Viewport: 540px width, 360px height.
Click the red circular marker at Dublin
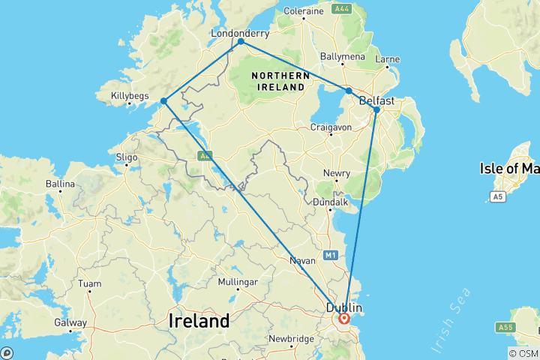pyautogui.click(x=344, y=318)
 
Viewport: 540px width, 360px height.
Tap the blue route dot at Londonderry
pyautogui.click(x=241, y=42)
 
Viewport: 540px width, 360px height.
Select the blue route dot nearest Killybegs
pyautogui.click(x=163, y=100)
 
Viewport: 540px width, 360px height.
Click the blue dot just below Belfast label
pyautogui.click(x=376, y=110)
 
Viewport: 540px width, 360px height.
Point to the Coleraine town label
pyautogui.click(x=303, y=10)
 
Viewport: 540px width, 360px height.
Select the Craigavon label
pyautogui.click(x=331, y=127)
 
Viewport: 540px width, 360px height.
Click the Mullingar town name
pyautogui.click(x=237, y=282)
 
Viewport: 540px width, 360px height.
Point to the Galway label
pyautogui.click(x=70, y=323)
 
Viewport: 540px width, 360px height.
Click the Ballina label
pyautogui.click(x=60, y=184)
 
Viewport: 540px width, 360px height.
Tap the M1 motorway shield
pyautogui.click(x=331, y=256)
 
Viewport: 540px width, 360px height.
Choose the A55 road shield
pyautogui.click(x=505, y=328)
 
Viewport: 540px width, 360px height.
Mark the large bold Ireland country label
pyautogui.click(x=198, y=321)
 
